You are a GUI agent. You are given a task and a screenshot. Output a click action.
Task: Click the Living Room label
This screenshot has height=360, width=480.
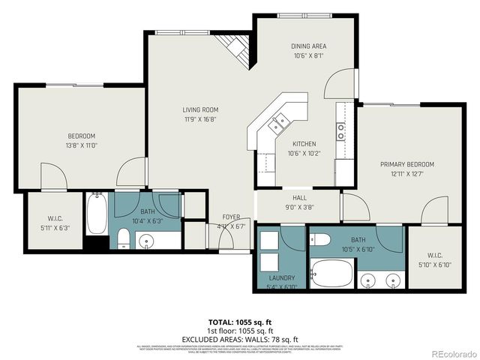[199, 109]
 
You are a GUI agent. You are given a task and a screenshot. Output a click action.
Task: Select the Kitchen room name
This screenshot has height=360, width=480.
[304, 144]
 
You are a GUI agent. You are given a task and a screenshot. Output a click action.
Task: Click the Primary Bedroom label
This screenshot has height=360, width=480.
[406, 164]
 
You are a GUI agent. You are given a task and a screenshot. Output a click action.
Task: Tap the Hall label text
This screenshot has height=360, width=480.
[299, 198]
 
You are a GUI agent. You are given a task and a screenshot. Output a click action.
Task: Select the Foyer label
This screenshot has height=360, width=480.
[230, 217]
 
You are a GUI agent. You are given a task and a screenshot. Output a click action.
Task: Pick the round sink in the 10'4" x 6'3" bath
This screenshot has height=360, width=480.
[147, 241]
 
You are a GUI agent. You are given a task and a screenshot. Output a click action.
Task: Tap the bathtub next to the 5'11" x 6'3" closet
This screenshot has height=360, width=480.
[97, 214]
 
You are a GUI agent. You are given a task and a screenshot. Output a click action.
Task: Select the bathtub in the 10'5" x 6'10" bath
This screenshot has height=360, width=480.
[331, 273]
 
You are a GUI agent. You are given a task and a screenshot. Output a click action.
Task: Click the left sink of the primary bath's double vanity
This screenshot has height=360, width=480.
[367, 280]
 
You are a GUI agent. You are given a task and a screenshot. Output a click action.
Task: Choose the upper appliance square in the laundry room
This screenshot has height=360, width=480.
[269, 240]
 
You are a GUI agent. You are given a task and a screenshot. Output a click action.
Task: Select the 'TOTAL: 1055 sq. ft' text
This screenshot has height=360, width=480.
[239, 322]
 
